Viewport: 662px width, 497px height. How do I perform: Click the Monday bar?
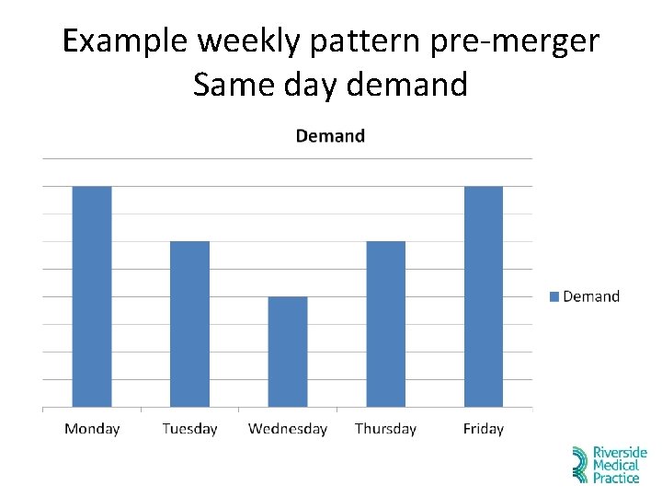[x=92, y=296]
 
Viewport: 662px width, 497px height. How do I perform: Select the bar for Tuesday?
[x=189, y=324]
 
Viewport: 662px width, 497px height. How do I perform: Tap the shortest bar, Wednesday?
[x=288, y=352]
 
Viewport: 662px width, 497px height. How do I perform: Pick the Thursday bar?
[x=385, y=324]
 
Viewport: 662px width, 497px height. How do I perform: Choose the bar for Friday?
[x=484, y=296]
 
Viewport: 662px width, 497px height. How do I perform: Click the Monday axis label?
[x=92, y=429]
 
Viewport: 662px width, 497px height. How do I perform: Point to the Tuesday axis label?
[x=189, y=429]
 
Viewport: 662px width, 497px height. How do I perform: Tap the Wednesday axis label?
[x=288, y=429]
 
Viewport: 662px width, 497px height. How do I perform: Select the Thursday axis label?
[x=385, y=429]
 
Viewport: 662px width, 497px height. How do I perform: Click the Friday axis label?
[x=484, y=429]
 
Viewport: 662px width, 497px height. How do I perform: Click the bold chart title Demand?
[x=330, y=136]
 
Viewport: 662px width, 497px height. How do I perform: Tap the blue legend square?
[x=554, y=296]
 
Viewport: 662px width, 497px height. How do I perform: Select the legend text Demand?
[x=591, y=296]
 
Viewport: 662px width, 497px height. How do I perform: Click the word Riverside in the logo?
[x=620, y=453]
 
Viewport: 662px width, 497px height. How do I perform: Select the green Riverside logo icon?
[x=580, y=465]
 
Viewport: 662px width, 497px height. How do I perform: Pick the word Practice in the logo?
[x=616, y=478]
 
